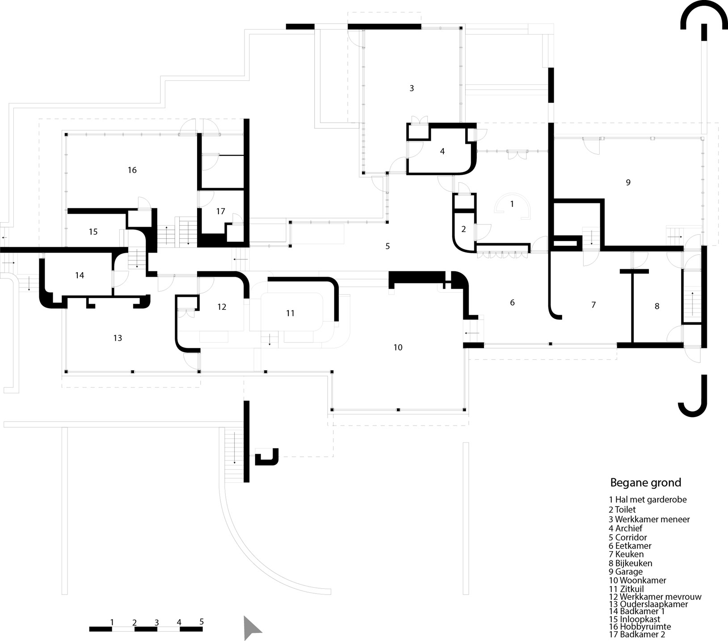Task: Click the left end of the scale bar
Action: click(89, 629)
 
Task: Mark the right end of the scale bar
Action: click(202, 629)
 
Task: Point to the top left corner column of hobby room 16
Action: click(66, 134)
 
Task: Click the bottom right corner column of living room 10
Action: click(464, 409)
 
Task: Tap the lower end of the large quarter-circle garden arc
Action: click(331, 590)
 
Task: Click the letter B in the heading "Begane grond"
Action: click(614, 483)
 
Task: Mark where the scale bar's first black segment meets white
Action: click(112, 629)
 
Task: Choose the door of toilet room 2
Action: click(483, 231)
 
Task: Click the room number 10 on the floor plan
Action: click(398, 347)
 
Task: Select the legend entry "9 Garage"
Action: click(625, 572)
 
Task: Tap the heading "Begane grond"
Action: click(646, 483)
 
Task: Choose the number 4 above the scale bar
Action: click(179, 622)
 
